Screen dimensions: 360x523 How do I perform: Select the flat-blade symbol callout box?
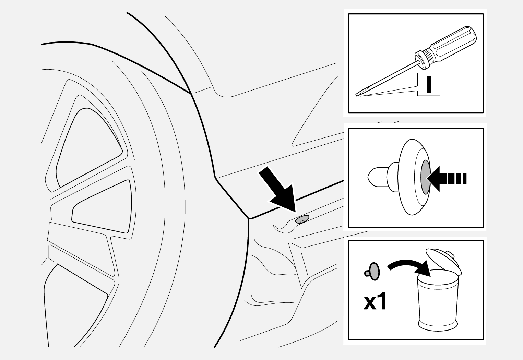click(428, 84)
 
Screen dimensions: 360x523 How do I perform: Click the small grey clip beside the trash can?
click(374, 272)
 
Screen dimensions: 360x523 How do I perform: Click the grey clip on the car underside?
click(302, 220)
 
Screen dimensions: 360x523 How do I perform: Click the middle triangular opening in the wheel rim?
click(103, 207)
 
